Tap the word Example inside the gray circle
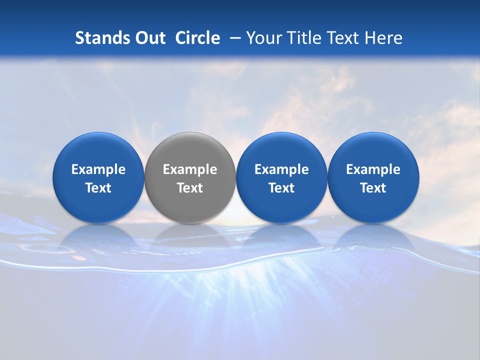click(190, 169)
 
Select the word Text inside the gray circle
click(190, 188)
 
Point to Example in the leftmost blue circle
click(98, 169)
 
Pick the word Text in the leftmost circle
click(98, 188)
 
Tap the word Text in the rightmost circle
click(373, 188)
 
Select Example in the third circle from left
click(281, 169)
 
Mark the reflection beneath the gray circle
click(190, 237)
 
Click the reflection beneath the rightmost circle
click(373, 237)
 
